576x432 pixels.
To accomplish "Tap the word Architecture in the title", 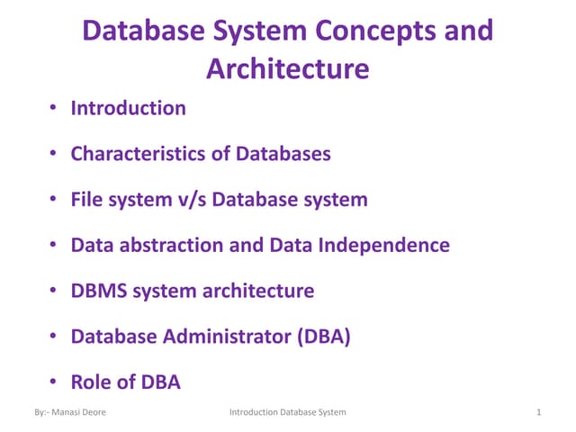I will pos(288,68).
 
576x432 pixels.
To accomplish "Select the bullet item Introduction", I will pos(129,108).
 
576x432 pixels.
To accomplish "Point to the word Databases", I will pos(283,154).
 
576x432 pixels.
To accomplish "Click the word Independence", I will pos(383,245).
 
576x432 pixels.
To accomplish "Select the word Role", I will pos(92,382).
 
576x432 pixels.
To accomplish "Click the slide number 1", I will pos(537,412).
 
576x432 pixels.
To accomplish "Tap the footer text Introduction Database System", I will pos(288,412).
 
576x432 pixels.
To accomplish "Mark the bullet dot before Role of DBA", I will pos(55,382).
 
